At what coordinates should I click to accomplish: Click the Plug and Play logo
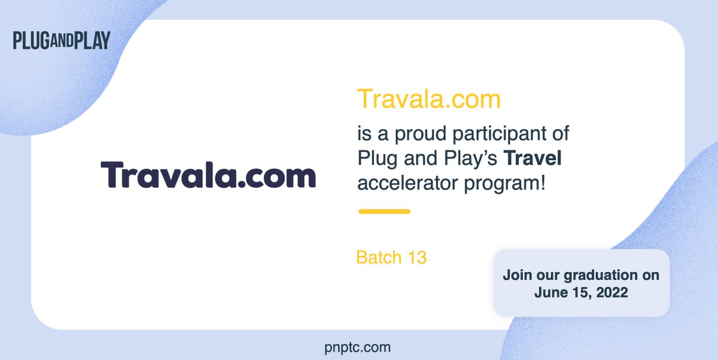(62, 40)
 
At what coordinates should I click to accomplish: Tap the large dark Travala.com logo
(208, 175)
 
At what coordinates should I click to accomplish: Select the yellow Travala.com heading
(429, 99)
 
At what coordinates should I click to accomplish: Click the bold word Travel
(533, 158)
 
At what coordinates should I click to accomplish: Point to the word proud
(420, 133)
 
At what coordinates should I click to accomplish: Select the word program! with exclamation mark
(504, 184)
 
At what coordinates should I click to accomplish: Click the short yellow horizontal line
(384, 211)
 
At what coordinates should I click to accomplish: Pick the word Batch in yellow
(379, 257)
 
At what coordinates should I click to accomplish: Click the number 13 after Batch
(417, 257)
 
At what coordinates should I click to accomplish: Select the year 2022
(612, 292)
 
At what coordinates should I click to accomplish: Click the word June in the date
(547, 292)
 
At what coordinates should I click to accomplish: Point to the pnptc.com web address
(357, 348)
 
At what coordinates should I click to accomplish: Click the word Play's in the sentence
(470, 158)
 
